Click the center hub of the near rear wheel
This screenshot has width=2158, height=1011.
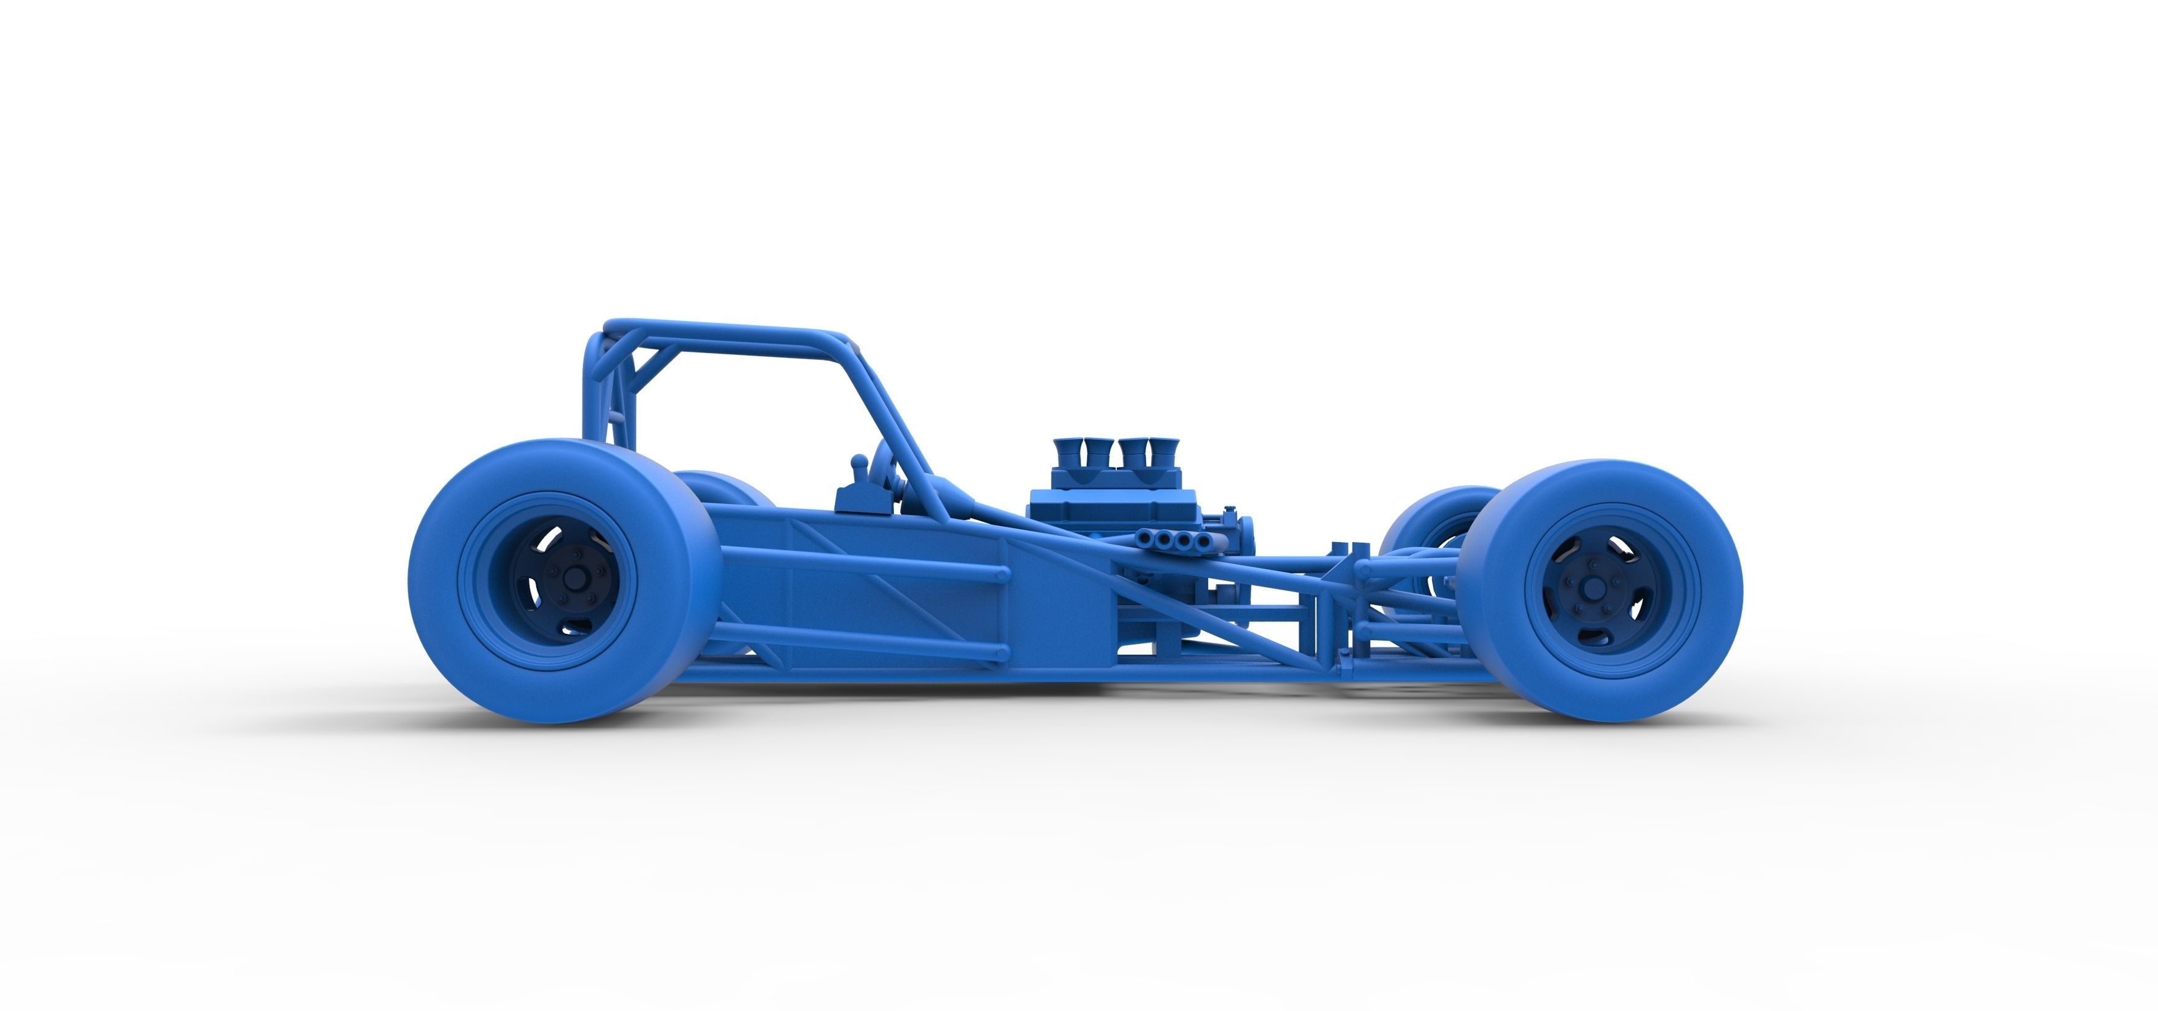click(x=574, y=579)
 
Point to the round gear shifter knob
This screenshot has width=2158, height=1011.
click(x=859, y=461)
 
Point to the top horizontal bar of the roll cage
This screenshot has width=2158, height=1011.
click(x=721, y=328)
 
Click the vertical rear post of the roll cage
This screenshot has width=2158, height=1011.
click(x=593, y=394)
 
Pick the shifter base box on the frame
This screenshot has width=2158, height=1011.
click(x=861, y=501)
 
